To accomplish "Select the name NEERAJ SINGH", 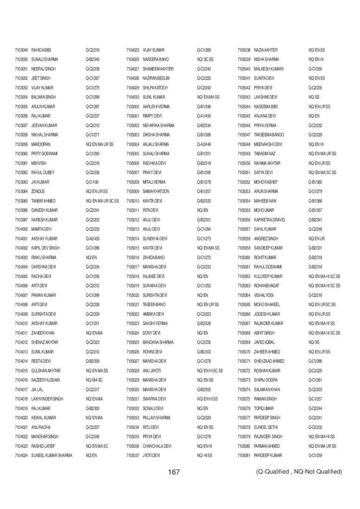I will (x=41, y=69).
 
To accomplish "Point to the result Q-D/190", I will (x=92, y=181).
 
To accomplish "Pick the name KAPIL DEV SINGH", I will (x=45, y=247).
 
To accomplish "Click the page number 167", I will (x=174, y=472).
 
